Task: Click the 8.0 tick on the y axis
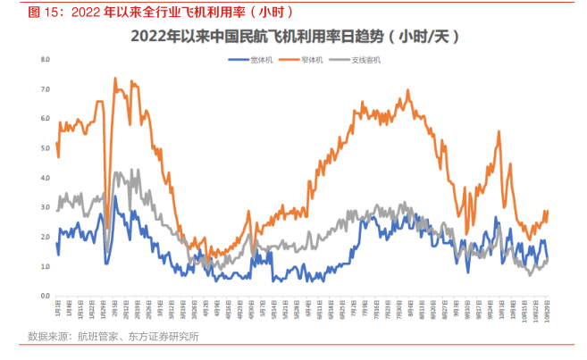[x=44, y=60]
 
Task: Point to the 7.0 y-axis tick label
[x=44, y=89]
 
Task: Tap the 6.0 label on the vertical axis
[x=44, y=119]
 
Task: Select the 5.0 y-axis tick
[x=44, y=148]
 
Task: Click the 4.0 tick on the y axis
[x=44, y=178]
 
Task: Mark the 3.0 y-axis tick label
[x=44, y=207]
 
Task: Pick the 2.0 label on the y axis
[x=44, y=237]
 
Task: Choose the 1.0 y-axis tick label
[x=44, y=266]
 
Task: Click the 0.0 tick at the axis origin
[x=44, y=296]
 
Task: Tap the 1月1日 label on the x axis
[x=56, y=309]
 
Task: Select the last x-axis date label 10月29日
[x=546, y=311]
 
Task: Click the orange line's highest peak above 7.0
[x=115, y=78]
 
